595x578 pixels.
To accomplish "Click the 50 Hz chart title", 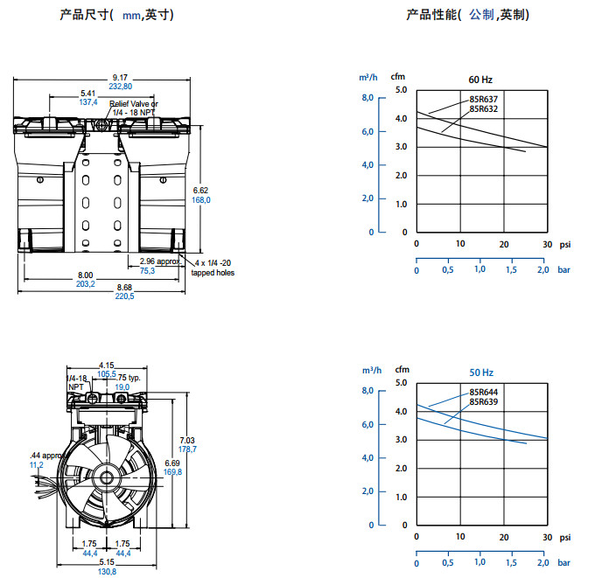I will coord(482,373).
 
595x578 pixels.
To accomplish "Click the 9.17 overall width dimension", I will coord(120,77).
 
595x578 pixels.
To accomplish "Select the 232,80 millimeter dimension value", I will coord(120,86).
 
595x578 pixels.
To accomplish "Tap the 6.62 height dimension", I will coord(201,189).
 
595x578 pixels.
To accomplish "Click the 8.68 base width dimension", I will coord(125,287).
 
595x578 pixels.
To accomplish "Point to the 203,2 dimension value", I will coord(86,283).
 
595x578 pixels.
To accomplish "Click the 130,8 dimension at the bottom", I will coord(107,570).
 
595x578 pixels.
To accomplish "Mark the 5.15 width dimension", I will coord(107,561).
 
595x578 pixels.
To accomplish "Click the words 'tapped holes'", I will coord(213,272).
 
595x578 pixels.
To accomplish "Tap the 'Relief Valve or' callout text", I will coord(134,104).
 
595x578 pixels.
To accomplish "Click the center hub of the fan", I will coord(106,478).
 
